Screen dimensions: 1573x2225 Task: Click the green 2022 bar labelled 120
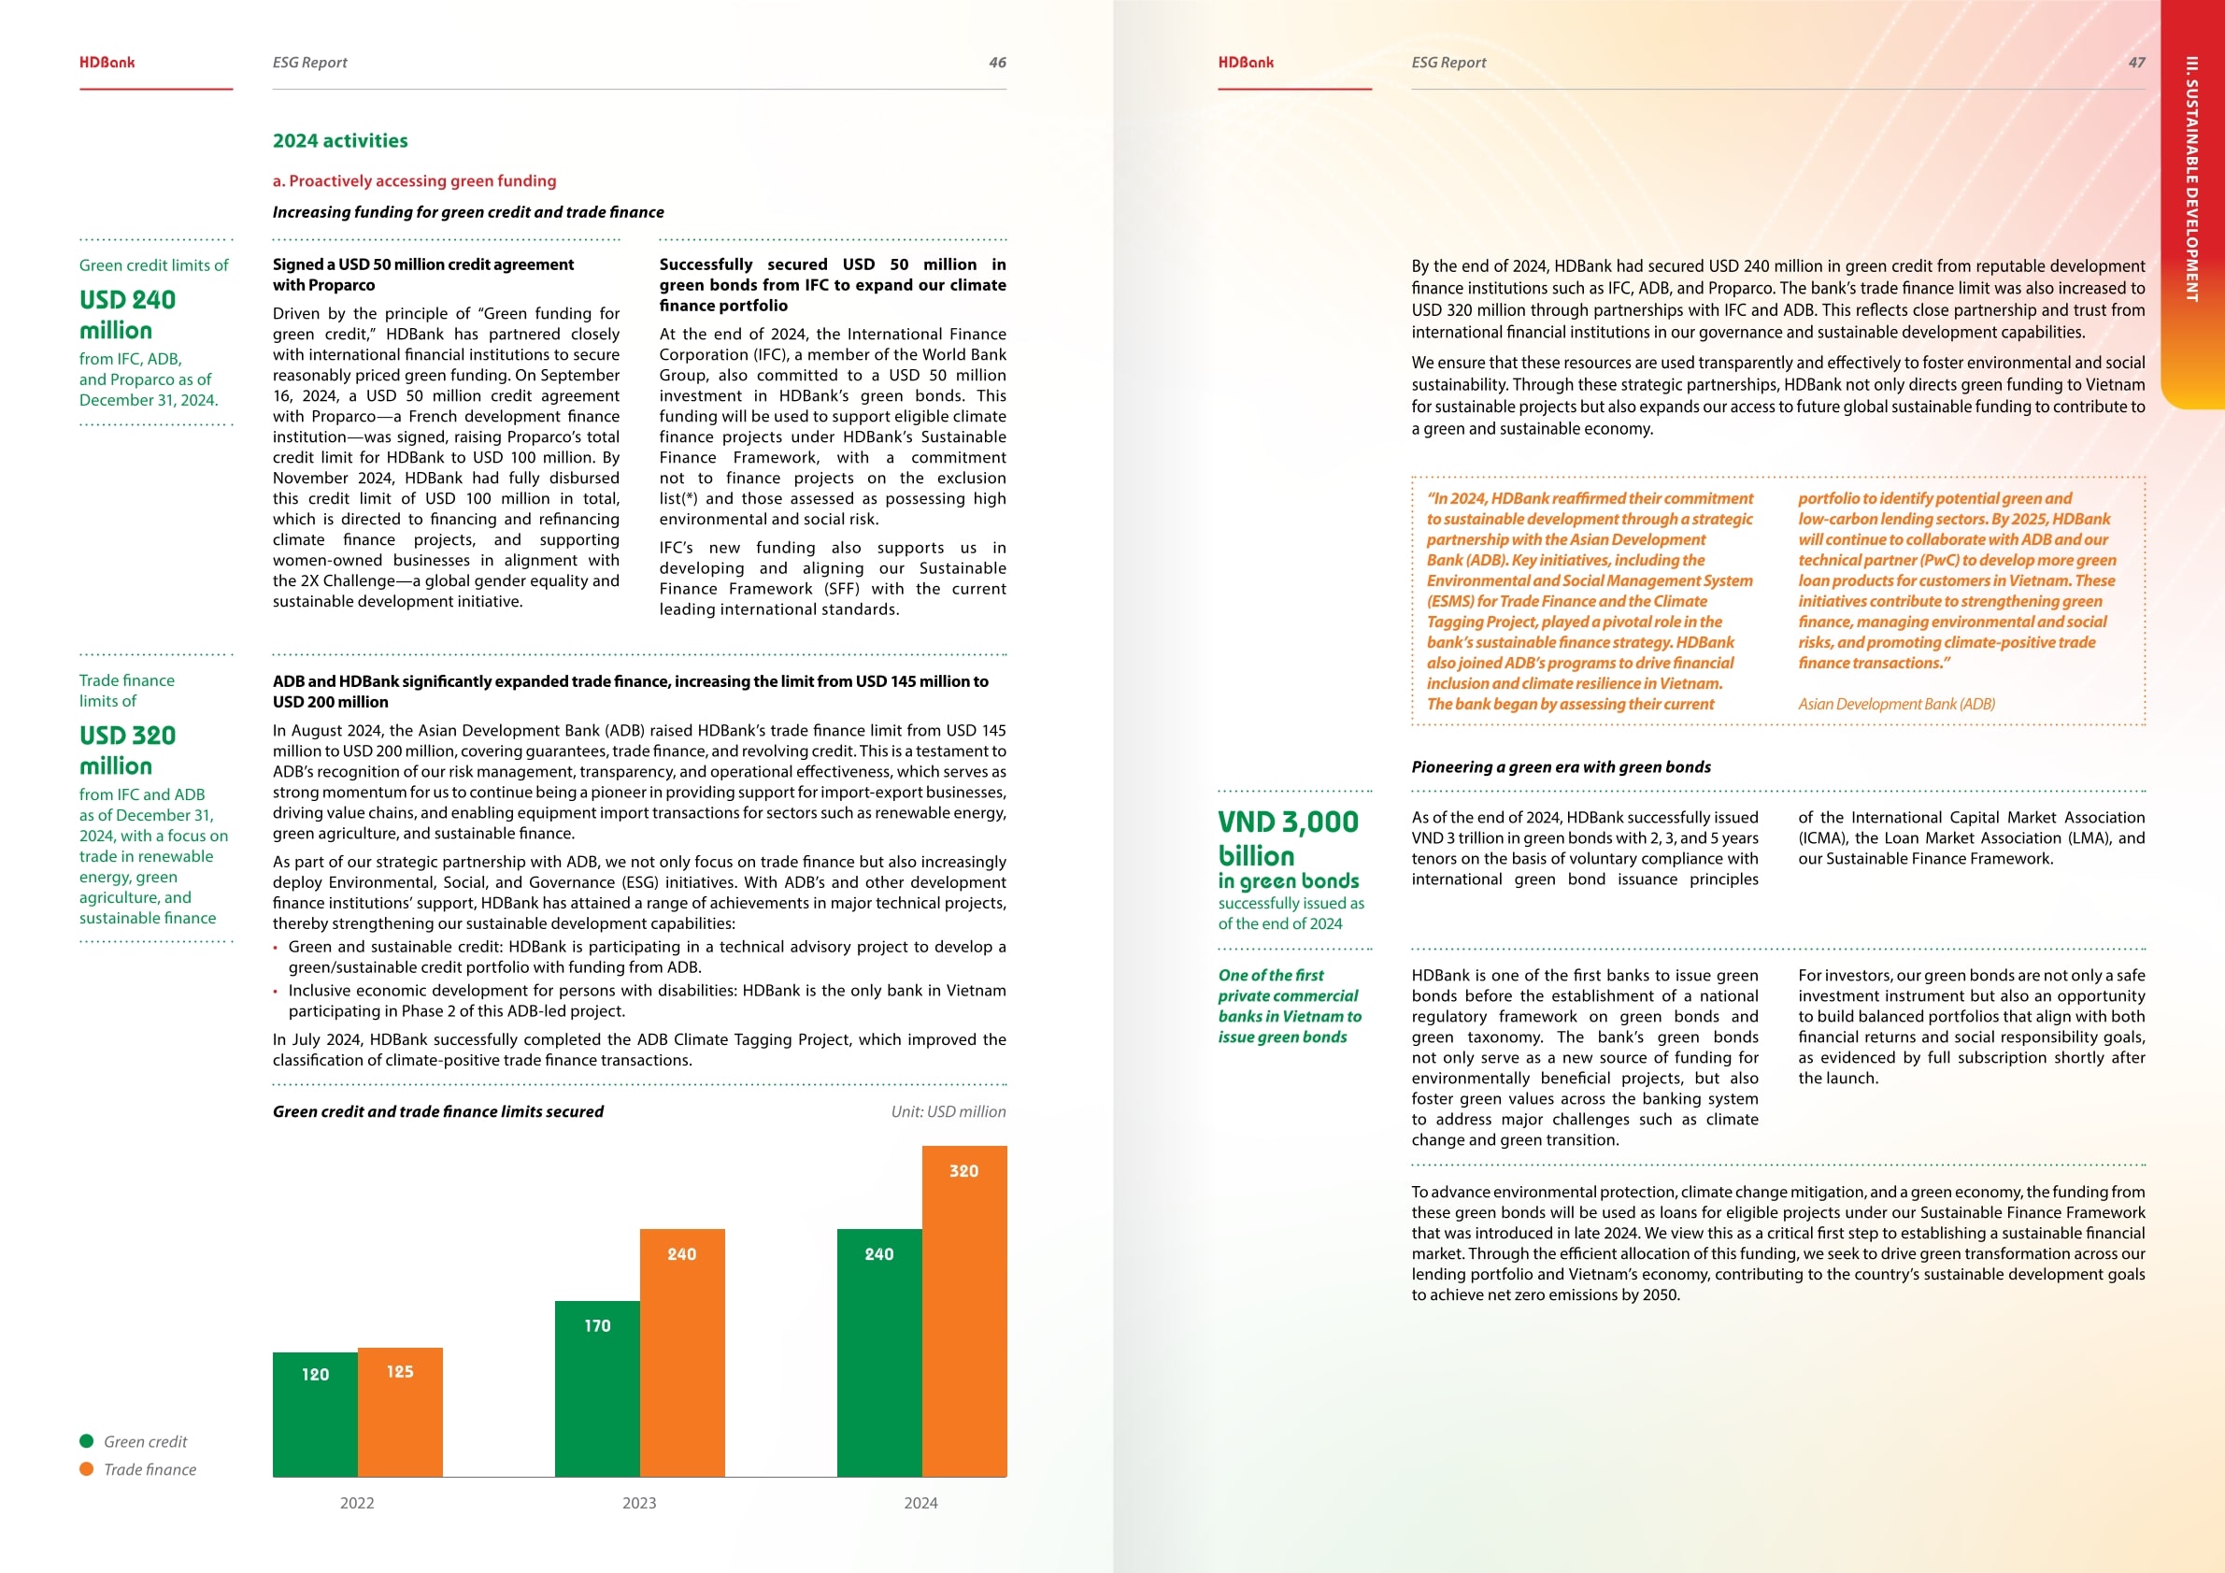click(315, 1414)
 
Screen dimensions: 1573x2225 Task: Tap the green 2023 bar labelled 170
click(597, 1388)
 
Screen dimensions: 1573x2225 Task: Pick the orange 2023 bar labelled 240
click(682, 1352)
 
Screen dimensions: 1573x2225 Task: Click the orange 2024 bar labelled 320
click(964, 1310)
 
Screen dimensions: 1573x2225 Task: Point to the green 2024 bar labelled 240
click(879, 1352)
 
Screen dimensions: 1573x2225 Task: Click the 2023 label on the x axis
click(638, 1503)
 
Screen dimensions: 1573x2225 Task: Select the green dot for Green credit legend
click(87, 1441)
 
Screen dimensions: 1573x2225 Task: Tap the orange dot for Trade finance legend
click(87, 1469)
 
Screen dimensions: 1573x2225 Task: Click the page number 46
click(997, 63)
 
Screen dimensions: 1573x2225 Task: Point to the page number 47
click(2136, 63)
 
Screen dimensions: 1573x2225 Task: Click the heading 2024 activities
click(340, 140)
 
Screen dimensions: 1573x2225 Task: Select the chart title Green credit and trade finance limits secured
click(438, 1111)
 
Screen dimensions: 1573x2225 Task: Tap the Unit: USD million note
click(948, 1111)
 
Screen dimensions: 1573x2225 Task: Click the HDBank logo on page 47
click(1246, 63)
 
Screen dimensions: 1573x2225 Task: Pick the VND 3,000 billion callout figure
click(1289, 838)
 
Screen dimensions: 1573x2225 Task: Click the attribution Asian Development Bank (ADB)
click(1896, 704)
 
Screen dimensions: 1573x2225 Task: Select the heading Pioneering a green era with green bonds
click(1562, 766)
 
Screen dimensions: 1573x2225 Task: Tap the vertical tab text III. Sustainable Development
click(2191, 179)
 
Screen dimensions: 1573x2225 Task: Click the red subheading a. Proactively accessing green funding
click(414, 181)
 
